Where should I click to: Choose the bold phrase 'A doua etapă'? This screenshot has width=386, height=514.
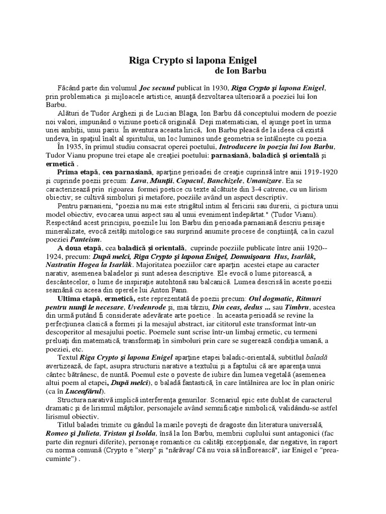coord(80,247)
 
